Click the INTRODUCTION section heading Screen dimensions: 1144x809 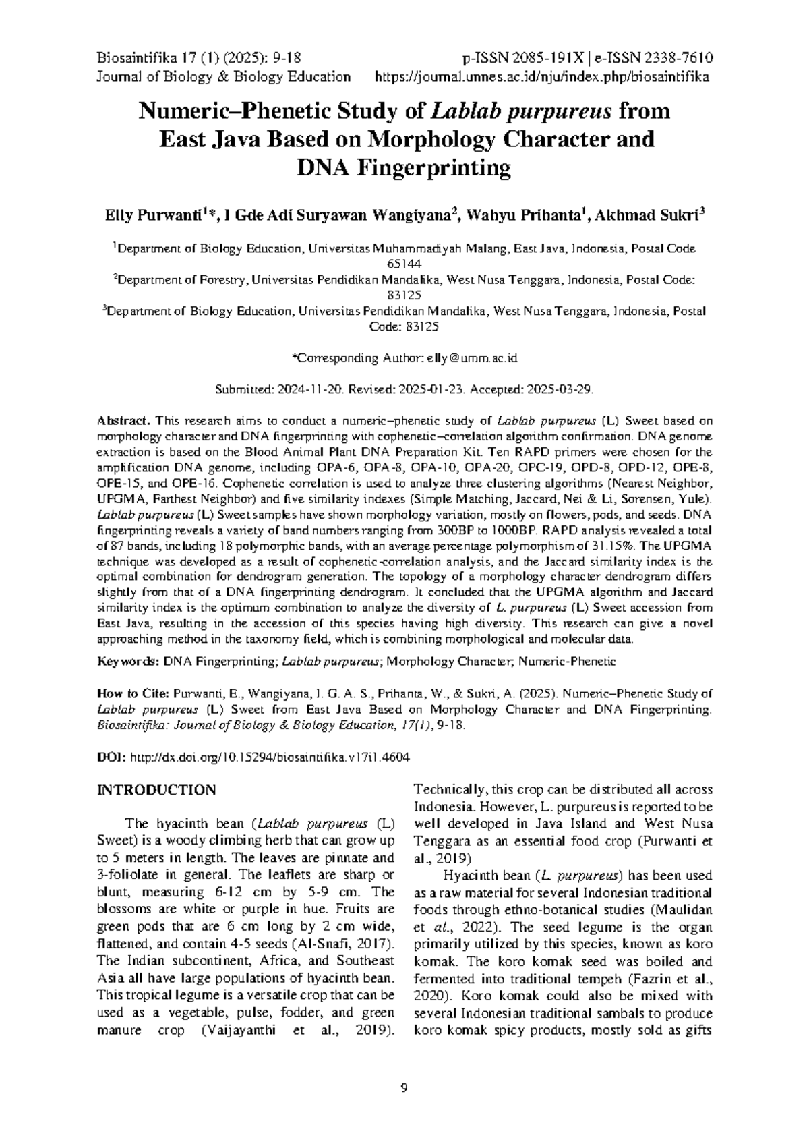tap(156, 790)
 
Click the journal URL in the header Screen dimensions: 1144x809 tap(541, 76)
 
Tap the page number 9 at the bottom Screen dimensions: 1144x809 tap(404, 1087)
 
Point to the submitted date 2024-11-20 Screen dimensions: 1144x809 tap(309, 389)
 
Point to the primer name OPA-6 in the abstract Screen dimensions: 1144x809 tap(310, 467)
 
